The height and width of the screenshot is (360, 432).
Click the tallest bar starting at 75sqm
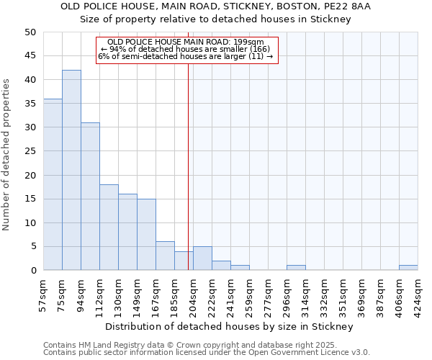coord(71,170)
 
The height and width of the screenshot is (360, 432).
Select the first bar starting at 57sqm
coord(53,184)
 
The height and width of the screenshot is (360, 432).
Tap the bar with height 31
coord(90,196)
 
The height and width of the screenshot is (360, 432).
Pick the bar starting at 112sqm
coord(109,227)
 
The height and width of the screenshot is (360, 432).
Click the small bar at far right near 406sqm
coord(408,268)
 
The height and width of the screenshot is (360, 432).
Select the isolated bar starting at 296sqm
coord(296,268)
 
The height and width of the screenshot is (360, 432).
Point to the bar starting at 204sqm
coord(202,258)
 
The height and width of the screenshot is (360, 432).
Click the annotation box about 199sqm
coord(186,50)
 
